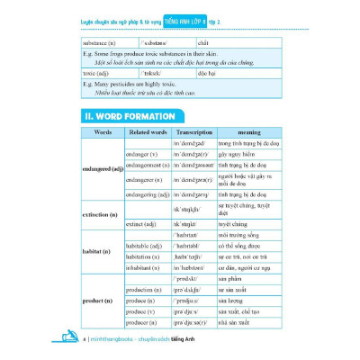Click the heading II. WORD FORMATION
130,115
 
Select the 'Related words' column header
148,132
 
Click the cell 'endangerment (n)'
148,165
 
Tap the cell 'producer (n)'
143,321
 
